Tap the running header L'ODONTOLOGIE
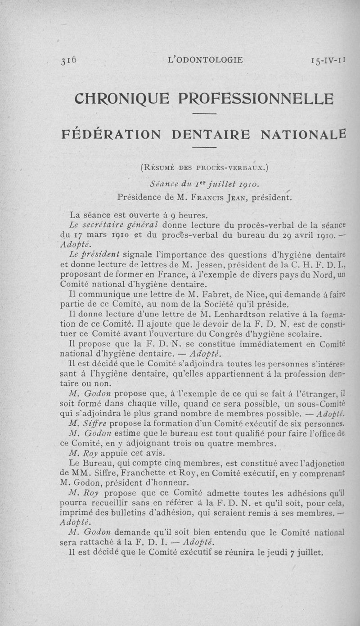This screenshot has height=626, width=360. point(205,60)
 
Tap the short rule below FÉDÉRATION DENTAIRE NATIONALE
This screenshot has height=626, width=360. point(205,149)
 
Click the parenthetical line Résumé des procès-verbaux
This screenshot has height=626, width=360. point(205,169)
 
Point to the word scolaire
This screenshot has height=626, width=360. point(306,334)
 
